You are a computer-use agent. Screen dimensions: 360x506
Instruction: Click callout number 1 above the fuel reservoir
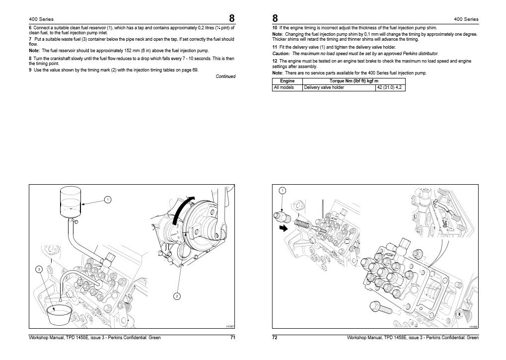click(x=107, y=200)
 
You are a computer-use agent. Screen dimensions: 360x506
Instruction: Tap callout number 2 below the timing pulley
click(x=176, y=296)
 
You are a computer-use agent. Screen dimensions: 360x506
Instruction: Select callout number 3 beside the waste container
click(x=39, y=269)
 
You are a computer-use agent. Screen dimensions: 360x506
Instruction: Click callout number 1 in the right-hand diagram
click(x=282, y=191)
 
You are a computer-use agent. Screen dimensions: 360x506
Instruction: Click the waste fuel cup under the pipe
click(x=58, y=315)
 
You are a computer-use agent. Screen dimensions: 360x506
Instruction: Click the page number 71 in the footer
click(x=232, y=338)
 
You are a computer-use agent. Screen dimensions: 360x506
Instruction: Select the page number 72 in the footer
click(x=275, y=338)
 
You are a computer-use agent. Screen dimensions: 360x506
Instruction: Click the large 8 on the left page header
click(x=232, y=18)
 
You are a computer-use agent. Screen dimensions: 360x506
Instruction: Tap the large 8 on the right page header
click(x=275, y=18)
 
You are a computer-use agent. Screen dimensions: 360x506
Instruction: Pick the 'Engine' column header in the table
click(x=287, y=80)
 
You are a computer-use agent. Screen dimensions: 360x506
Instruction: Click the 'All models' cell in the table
click(x=284, y=87)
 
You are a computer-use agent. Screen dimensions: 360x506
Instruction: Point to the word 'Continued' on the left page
click(x=225, y=76)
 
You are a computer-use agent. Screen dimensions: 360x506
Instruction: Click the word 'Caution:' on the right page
click(x=282, y=53)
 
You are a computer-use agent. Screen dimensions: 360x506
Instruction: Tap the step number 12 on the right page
click(x=275, y=61)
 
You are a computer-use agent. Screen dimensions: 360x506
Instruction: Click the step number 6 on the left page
click(x=30, y=28)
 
